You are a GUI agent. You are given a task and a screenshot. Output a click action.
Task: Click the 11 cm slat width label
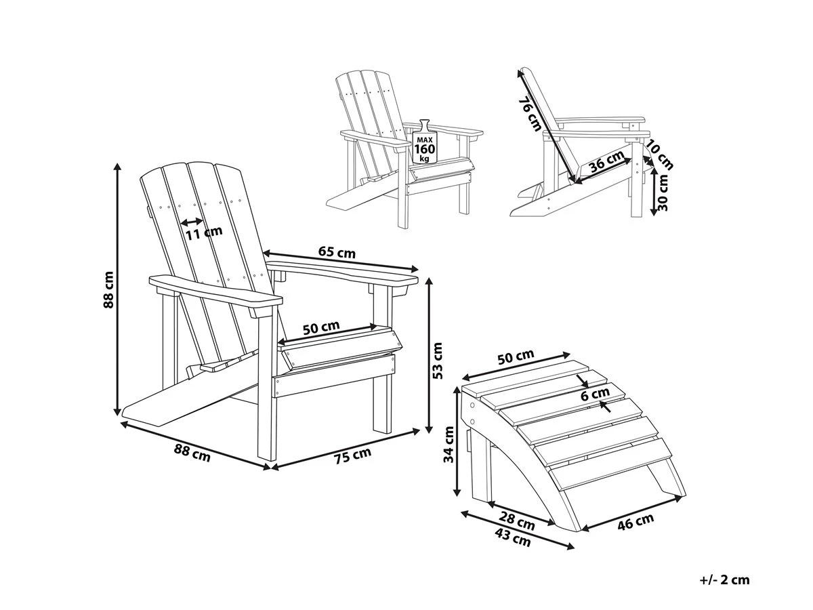[x=204, y=232]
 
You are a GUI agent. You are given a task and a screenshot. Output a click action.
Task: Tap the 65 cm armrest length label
[x=337, y=252]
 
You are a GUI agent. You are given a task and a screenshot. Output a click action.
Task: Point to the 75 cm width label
[x=353, y=456]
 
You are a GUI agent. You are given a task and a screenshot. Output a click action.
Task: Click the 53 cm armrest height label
[x=437, y=360]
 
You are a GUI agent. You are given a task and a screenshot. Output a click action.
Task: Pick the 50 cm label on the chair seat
[x=320, y=327]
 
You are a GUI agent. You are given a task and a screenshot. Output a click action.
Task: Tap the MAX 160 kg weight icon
[x=424, y=142]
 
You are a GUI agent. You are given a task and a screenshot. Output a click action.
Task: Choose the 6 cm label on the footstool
[x=595, y=394]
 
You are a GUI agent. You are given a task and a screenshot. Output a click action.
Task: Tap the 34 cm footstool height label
[x=448, y=445]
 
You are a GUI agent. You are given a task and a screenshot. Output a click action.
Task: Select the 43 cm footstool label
[x=512, y=539]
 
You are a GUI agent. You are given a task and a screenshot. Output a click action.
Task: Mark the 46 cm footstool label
[x=636, y=521]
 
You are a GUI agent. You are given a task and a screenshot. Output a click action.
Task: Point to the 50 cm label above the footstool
[x=516, y=357]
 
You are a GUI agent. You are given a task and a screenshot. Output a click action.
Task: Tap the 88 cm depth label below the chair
[x=192, y=453]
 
